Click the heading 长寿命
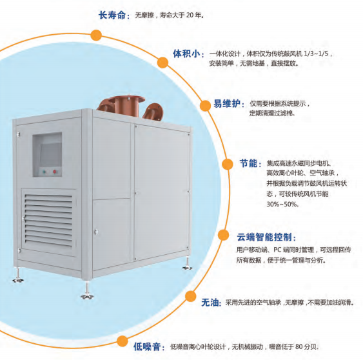coord(112,15)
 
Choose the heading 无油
coord(210,303)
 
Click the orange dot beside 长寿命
coord(96,35)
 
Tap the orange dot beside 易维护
coord(205,105)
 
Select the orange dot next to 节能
coord(228,165)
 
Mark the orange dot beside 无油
coord(191,296)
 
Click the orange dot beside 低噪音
coord(123,341)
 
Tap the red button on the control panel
coord(55,172)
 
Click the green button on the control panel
coord(44,172)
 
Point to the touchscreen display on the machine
coord(51,154)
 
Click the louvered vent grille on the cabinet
coord(48,220)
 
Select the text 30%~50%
coord(282,204)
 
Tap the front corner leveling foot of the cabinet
coord(87,290)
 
